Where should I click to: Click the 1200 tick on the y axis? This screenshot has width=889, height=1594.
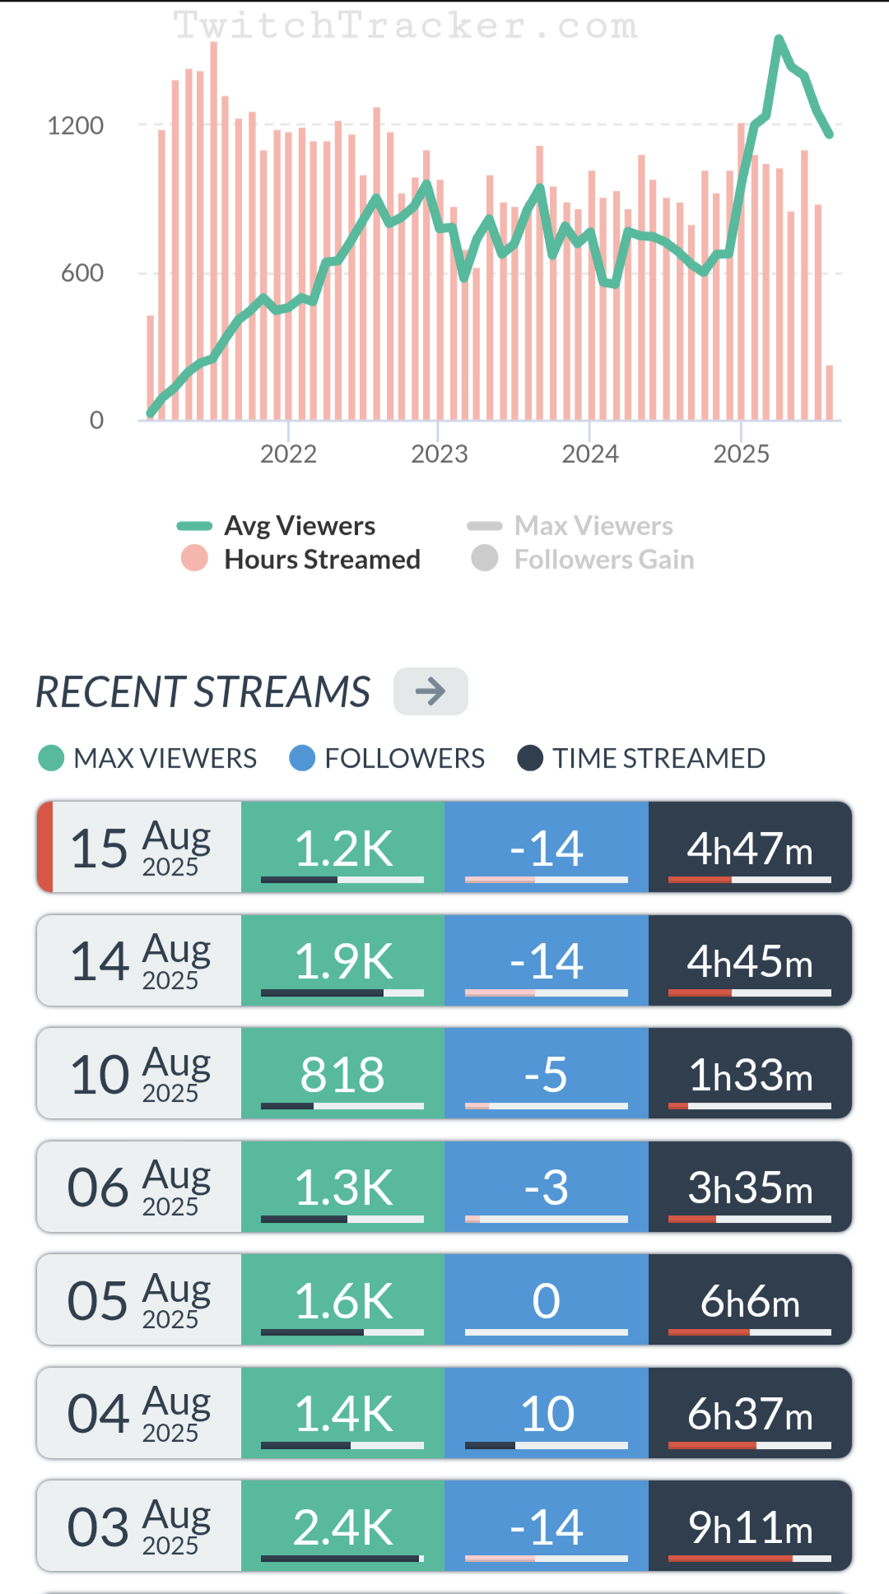(76, 126)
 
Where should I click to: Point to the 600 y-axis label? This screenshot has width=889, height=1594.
(82, 273)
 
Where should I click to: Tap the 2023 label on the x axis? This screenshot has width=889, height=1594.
(439, 453)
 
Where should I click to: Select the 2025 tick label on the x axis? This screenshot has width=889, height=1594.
(741, 453)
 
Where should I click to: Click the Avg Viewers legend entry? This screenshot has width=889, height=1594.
(299, 526)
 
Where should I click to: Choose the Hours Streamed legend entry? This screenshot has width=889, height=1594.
(321, 560)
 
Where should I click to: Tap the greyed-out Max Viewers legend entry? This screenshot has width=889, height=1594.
(593, 526)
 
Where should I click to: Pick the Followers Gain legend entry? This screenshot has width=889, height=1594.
(603, 560)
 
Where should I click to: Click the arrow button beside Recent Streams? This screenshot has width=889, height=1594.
(431, 691)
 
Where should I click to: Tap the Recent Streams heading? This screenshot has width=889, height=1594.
(203, 691)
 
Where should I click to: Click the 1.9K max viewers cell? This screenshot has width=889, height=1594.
(342, 960)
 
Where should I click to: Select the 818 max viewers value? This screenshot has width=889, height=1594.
(342, 1074)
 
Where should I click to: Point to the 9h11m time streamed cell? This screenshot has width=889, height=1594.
(750, 1527)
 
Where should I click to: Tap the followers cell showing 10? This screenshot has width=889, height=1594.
(547, 1414)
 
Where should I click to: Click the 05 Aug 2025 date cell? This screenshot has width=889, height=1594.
(139, 1300)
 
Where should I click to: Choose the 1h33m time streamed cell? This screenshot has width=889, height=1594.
(750, 1074)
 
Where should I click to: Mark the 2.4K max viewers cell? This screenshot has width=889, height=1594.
(342, 1527)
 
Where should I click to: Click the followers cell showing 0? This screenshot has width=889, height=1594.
(547, 1300)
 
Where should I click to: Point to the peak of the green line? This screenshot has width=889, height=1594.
(778, 38)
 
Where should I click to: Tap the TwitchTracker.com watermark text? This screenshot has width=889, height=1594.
(405, 26)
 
